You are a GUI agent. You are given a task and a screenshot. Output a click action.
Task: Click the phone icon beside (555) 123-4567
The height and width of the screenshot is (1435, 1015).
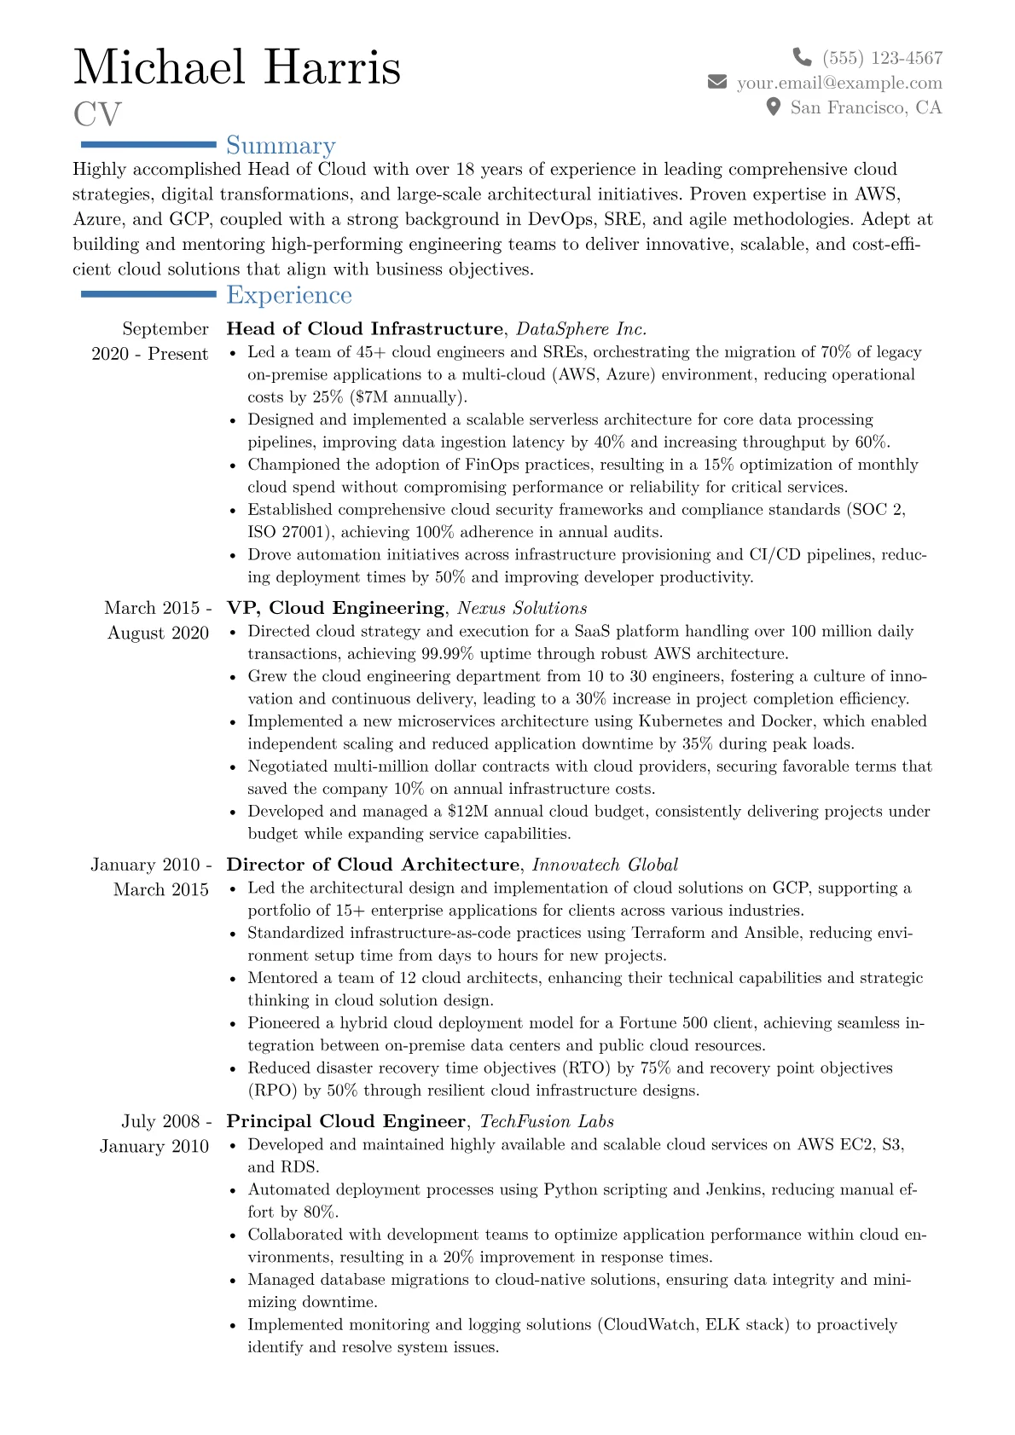coord(802,57)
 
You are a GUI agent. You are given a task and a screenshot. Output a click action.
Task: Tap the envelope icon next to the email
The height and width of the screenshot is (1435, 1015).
coord(717,82)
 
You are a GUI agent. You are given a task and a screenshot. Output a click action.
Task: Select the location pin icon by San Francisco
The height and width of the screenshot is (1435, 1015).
coord(774,107)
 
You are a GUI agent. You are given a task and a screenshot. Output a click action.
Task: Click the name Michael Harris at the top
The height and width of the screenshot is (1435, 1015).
coord(237,67)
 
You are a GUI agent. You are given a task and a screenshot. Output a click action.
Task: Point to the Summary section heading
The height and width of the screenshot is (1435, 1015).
coord(281,146)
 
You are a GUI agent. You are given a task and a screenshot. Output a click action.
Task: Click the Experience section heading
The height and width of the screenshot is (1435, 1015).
coord(289,295)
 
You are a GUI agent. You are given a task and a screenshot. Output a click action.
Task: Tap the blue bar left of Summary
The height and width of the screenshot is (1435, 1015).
coord(148,145)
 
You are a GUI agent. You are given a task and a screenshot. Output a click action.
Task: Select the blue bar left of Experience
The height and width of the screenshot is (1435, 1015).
coord(148,294)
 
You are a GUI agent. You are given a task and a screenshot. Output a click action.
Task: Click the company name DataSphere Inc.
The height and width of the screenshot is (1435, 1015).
coord(582,329)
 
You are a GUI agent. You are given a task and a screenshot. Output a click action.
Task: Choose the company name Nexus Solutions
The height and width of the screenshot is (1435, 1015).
coord(522,608)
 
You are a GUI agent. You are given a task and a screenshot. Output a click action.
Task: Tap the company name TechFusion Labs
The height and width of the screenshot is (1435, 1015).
coord(547,1121)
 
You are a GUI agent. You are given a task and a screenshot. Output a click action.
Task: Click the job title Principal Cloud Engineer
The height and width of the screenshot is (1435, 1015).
coord(346,1121)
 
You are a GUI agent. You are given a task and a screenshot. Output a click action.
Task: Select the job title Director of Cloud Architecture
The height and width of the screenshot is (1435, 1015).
coord(373,865)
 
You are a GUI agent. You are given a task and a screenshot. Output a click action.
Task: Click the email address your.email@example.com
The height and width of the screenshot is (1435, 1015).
coord(839,83)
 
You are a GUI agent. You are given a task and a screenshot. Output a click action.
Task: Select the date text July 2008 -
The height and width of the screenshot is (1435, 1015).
coord(166,1121)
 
